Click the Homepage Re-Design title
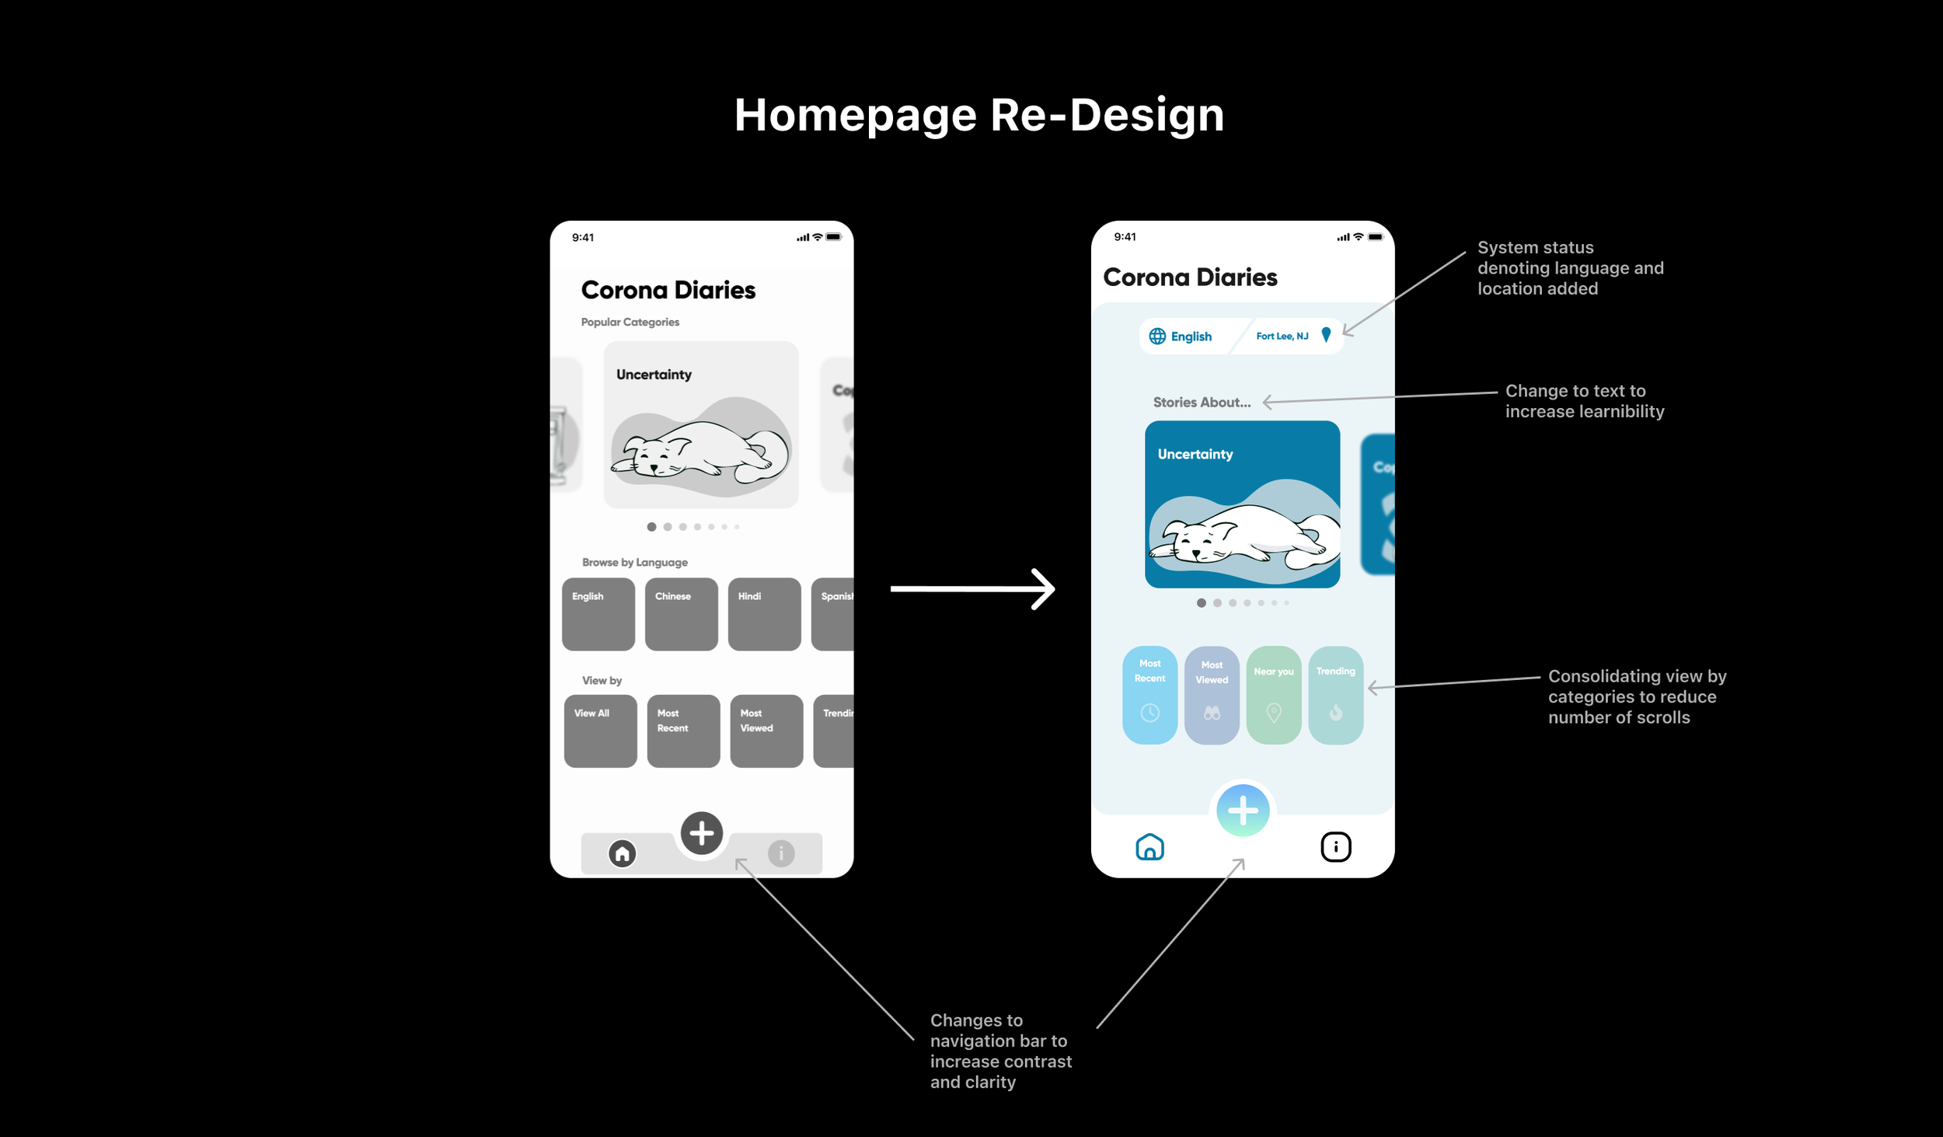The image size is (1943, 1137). click(x=978, y=115)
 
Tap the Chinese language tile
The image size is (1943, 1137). click(x=681, y=614)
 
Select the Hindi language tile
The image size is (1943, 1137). click(x=764, y=614)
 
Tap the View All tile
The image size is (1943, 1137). click(x=600, y=731)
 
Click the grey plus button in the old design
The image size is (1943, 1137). click(x=701, y=833)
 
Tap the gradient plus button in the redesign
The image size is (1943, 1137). click(x=1242, y=811)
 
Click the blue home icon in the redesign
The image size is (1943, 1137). click(x=1149, y=846)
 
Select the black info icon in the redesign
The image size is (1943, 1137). click(x=1335, y=846)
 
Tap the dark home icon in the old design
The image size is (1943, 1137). click(x=622, y=853)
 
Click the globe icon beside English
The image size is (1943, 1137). click(x=1157, y=336)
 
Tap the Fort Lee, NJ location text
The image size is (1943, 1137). click(x=1282, y=336)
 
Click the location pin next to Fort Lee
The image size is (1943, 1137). click(x=1326, y=335)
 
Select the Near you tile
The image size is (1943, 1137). click(x=1273, y=695)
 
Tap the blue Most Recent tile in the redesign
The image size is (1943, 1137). click(x=1149, y=695)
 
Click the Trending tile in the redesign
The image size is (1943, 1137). click(x=1335, y=695)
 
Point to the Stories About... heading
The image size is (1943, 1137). click(x=1202, y=402)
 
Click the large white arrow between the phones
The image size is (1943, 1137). click(x=972, y=589)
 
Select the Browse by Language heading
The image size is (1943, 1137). click(x=634, y=562)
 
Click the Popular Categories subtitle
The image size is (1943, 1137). click(x=630, y=322)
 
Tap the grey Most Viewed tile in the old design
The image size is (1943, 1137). click(x=766, y=731)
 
